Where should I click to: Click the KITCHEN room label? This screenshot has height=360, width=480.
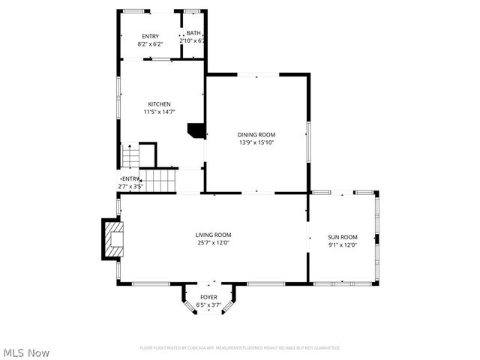tap(158, 104)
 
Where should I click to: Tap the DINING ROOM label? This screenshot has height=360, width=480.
tap(256, 134)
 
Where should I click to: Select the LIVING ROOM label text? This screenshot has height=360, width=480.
tap(214, 235)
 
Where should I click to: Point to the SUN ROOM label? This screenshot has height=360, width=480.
tap(343, 237)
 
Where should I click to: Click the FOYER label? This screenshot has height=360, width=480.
tap(208, 297)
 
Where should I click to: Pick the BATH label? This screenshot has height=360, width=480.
tap(193, 33)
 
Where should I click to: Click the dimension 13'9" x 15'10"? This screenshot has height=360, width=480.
tap(256, 142)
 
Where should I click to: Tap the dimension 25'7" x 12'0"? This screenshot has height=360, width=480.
tap(214, 242)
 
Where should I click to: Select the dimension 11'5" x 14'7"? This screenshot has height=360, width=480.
tap(158, 112)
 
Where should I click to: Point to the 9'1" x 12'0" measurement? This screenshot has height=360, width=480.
tap(343, 244)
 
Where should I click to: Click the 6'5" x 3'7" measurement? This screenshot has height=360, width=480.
tap(208, 304)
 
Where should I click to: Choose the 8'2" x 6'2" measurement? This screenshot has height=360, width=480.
tap(150, 44)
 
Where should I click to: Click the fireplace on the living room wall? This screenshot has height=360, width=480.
tap(113, 238)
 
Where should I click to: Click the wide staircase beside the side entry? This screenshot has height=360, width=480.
tap(160, 180)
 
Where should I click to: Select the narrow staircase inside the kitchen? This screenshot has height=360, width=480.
tap(130, 156)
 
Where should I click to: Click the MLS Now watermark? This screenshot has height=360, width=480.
tap(26, 352)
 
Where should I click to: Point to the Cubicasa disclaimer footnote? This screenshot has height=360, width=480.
tap(239, 348)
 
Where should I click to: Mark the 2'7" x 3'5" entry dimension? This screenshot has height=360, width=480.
tap(130, 186)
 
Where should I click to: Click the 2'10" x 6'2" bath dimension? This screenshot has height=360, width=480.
tap(192, 40)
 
